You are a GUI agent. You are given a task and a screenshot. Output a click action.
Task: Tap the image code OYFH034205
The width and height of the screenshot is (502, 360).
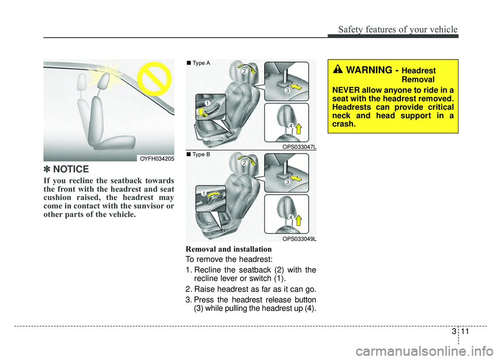tap(156, 158)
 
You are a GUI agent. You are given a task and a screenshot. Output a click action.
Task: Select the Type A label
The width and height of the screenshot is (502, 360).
tap(201, 63)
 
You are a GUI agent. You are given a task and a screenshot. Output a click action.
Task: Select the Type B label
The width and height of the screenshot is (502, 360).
tap(201, 155)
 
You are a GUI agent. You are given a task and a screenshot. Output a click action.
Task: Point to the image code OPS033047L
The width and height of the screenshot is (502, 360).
tap(299, 147)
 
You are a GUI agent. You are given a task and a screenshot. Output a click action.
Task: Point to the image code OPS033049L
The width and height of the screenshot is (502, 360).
tap(299, 239)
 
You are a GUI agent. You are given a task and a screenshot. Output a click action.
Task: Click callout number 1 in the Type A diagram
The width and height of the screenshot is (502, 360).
tap(207, 104)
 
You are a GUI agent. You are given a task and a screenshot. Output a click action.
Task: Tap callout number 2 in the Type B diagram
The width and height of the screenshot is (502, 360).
tap(244, 164)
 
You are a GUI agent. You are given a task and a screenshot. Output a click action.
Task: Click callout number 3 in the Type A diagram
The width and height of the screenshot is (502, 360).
tap(287, 91)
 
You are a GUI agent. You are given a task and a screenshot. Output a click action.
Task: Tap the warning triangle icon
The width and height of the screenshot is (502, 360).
tap(338, 70)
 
